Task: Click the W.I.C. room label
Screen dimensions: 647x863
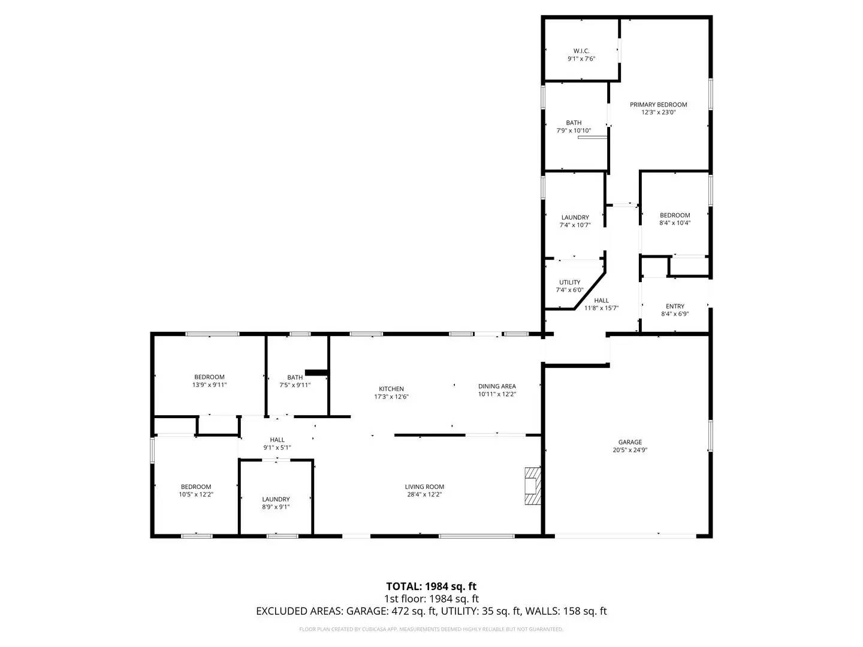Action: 581,51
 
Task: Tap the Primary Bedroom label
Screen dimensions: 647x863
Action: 658,104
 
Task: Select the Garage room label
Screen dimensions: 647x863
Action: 630,442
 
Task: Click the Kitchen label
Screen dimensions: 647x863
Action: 391,389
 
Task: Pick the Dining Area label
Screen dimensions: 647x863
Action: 497,386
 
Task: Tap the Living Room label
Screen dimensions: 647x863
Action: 424,486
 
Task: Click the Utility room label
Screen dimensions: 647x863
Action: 569,282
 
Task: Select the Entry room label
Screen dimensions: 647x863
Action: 675,306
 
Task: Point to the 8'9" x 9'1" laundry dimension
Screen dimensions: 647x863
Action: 276,507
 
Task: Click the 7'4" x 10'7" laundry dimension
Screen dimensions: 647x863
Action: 575,225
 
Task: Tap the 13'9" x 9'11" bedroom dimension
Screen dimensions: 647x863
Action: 209,385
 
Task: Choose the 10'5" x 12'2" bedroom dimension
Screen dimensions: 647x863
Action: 196,495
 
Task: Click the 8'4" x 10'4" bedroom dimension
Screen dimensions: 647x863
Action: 675,223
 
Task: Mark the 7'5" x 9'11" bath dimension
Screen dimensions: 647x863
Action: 295,385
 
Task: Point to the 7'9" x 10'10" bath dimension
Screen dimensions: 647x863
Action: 574,131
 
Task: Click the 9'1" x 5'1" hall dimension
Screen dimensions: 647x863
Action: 277,448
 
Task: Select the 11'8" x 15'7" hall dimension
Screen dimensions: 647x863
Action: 601,308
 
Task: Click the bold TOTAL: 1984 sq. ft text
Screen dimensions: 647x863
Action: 431,586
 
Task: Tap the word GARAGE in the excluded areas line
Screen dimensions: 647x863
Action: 366,611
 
